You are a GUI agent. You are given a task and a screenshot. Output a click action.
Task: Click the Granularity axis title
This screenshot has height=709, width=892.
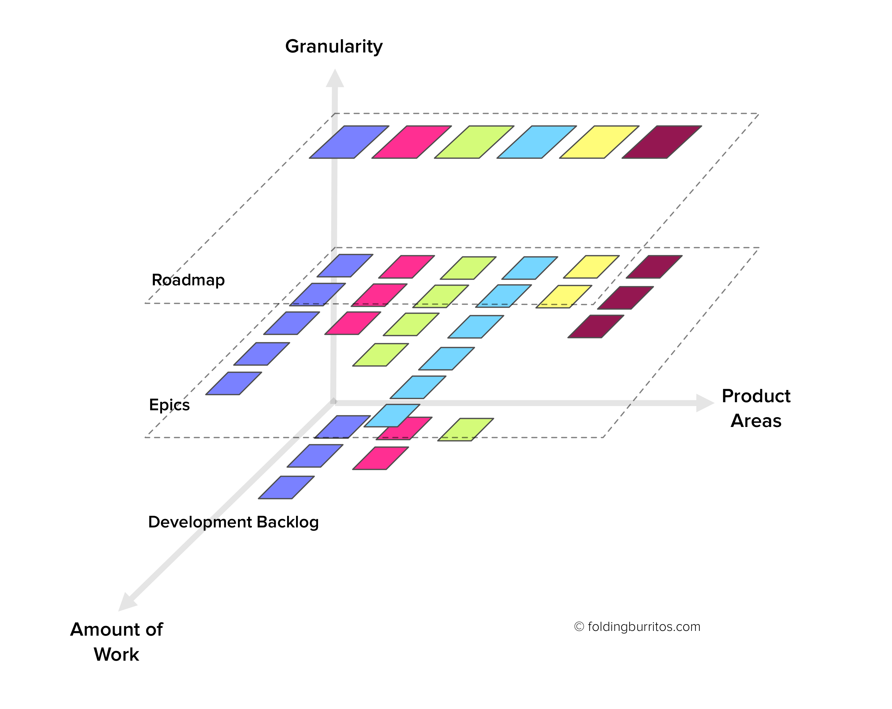pyautogui.click(x=334, y=47)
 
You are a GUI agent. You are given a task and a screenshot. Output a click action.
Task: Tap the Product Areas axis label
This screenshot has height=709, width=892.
pyautogui.click(x=756, y=408)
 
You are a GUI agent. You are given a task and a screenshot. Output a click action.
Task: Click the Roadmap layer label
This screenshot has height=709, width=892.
pyautogui.click(x=188, y=280)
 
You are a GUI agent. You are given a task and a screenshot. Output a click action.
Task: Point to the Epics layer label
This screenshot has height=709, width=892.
pyautogui.click(x=169, y=405)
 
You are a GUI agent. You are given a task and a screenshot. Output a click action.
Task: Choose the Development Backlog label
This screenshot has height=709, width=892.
pyautogui.click(x=233, y=522)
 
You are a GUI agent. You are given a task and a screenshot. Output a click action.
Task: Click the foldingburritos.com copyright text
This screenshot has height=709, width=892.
pyautogui.click(x=637, y=627)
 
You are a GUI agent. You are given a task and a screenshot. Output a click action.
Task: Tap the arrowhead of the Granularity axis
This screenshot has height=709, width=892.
pyautogui.click(x=335, y=78)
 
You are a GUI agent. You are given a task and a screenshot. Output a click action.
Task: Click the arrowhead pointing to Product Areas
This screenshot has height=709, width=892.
pyautogui.click(x=705, y=403)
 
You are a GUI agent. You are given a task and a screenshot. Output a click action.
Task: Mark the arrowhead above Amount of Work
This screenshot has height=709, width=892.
pyautogui.click(x=127, y=602)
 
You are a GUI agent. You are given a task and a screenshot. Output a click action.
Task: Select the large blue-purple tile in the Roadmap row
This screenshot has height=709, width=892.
pyautogui.click(x=349, y=142)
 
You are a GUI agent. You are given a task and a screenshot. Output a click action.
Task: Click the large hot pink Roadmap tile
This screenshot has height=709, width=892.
pyautogui.click(x=412, y=142)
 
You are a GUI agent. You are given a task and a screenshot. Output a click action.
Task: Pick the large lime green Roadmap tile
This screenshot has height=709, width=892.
pyautogui.click(x=474, y=142)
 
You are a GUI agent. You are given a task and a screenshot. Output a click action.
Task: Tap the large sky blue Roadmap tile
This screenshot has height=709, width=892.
pyautogui.click(x=537, y=142)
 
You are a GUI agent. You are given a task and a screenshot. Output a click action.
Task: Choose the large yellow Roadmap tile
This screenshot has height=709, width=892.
pyautogui.click(x=599, y=142)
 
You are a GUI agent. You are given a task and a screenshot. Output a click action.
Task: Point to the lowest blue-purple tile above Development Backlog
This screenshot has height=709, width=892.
pyautogui.click(x=286, y=487)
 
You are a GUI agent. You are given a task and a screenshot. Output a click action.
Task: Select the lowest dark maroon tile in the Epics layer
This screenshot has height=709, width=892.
pyautogui.click(x=596, y=326)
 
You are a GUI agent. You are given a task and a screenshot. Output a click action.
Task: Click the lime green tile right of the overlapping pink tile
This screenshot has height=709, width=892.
pyautogui.click(x=466, y=429)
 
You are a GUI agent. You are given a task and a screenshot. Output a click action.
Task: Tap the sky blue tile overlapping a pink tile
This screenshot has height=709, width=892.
pyautogui.click(x=392, y=415)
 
